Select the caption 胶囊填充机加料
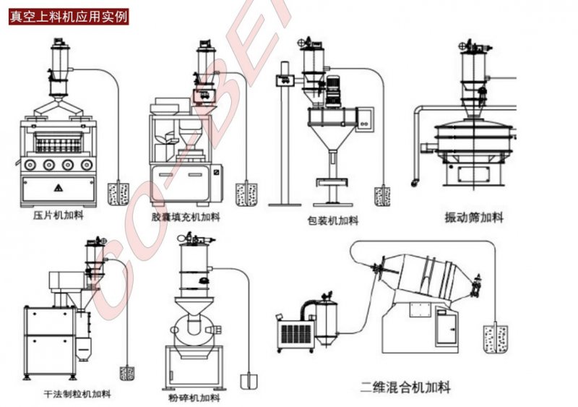[186, 216]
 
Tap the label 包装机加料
[332, 220]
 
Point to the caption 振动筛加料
[474, 217]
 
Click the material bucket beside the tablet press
[117, 194]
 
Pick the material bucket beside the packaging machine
[382, 196]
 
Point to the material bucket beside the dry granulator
[128, 373]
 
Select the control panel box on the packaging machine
[366, 118]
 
